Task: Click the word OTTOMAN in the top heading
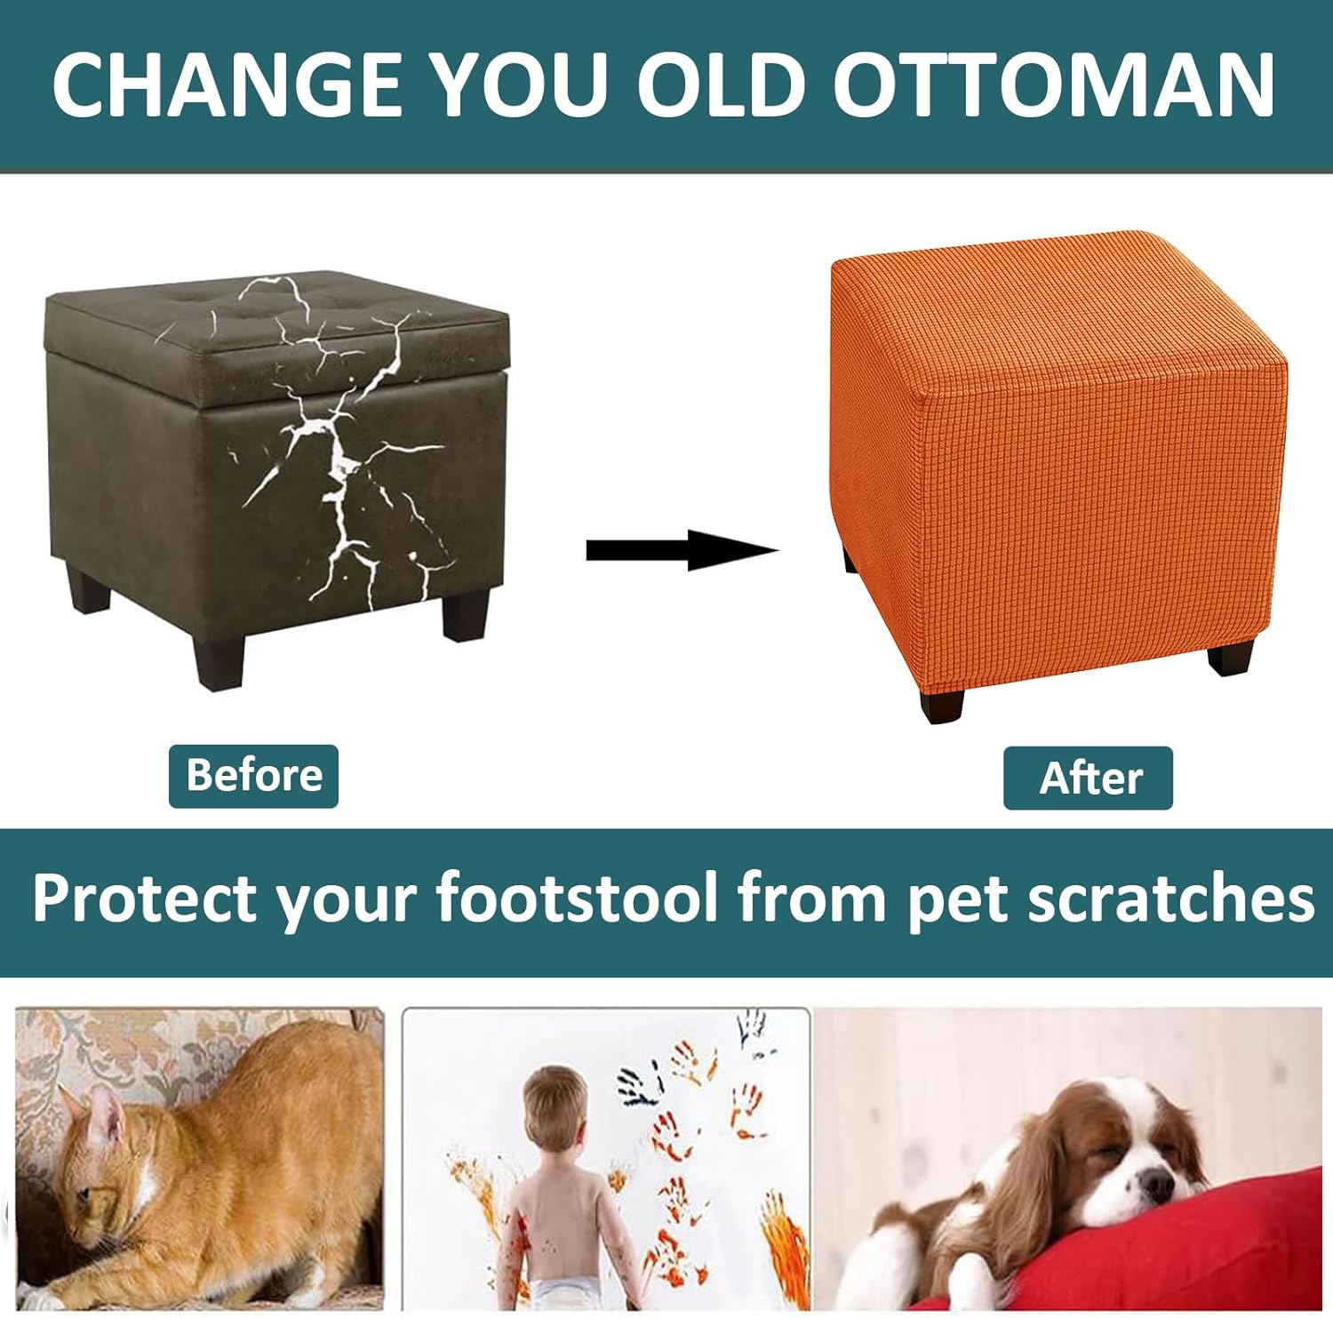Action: (x=1054, y=84)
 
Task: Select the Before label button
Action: (x=253, y=776)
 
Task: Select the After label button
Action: (x=1088, y=779)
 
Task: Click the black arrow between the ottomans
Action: (x=682, y=551)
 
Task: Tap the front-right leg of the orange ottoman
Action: (x=1231, y=657)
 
